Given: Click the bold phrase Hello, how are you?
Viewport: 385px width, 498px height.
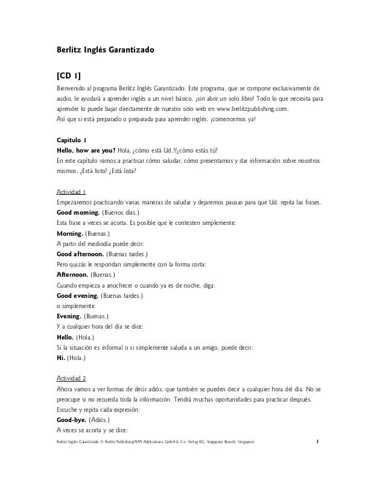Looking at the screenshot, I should point(86,151).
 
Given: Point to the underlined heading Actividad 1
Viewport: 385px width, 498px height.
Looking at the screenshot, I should point(71,191).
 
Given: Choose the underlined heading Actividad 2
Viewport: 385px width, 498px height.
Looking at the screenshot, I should point(71,378).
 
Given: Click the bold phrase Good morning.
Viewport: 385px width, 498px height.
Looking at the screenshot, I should point(77,213).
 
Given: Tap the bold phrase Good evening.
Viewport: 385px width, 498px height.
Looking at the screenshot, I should point(78,296).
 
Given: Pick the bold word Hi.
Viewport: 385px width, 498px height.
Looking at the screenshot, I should point(60,358).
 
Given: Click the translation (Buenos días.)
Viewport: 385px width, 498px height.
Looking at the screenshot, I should point(121,213).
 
